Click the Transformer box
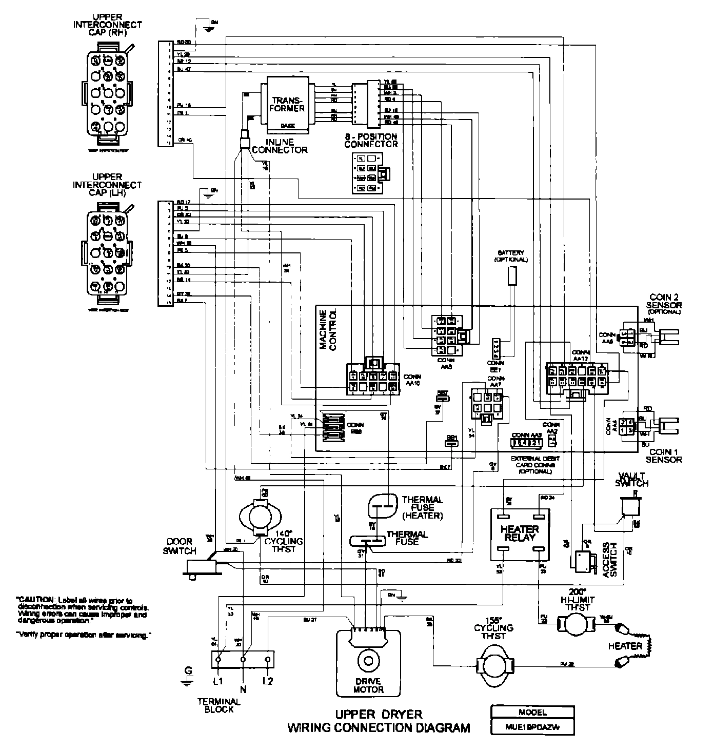(x=288, y=104)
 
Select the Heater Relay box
(x=521, y=533)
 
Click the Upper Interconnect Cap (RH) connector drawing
(x=107, y=94)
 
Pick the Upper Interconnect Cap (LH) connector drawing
(x=107, y=253)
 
